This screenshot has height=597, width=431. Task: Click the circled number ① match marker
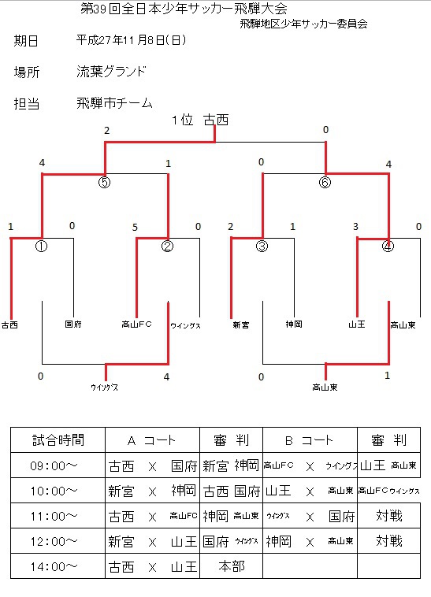click(41, 247)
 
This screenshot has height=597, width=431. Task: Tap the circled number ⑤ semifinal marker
click(104, 182)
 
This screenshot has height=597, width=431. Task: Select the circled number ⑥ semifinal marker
click(325, 182)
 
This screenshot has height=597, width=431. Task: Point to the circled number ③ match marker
click(262, 247)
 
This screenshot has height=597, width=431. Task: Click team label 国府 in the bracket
click(73, 324)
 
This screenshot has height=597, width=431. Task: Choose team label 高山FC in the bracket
click(136, 324)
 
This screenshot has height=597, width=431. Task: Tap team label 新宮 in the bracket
click(241, 324)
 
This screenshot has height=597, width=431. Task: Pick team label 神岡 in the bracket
click(294, 324)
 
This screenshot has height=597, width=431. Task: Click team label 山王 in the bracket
click(357, 324)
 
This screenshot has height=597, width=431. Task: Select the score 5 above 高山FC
click(135, 228)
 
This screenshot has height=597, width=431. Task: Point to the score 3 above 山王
click(355, 227)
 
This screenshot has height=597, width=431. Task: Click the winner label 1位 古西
click(200, 120)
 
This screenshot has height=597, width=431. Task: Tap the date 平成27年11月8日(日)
click(131, 40)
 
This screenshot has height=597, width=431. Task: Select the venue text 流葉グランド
click(111, 71)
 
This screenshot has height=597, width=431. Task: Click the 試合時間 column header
click(58, 440)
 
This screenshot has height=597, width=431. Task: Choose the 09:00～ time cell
click(54, 465)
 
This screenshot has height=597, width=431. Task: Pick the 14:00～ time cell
click(54, 567)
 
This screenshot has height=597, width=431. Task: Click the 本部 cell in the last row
click(232, 566)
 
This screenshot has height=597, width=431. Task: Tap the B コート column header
click(309, 440)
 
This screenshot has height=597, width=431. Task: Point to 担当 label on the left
click(27, 103)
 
